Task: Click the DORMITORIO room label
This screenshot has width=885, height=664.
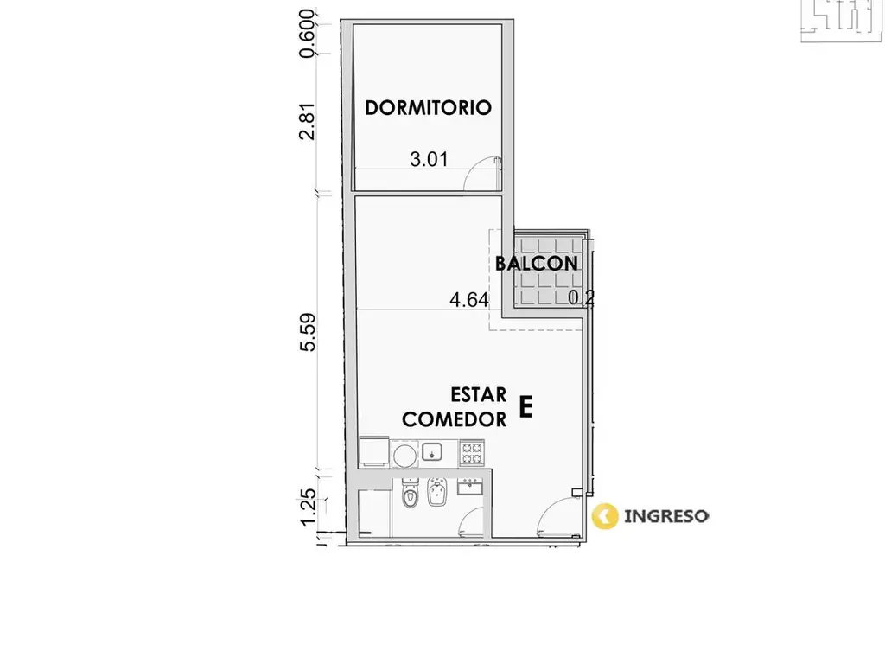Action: click(428, 107)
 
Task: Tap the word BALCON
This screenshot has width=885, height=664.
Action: click(536, 263)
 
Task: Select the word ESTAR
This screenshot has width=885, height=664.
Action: click(479, 394)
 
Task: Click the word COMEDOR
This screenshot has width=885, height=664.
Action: click(455, 419)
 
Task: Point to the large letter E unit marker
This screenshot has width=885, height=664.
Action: click(525, 406)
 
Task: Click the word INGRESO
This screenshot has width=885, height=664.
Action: click(666, 516)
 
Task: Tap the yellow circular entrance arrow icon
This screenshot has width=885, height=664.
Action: click(605, 516)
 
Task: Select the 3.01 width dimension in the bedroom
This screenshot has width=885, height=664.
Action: click(429, 159)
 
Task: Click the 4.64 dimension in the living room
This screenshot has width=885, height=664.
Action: click(469, 299)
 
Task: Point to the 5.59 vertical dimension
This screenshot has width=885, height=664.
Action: click(308, 332)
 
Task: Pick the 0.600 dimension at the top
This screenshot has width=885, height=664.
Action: click(308, 34)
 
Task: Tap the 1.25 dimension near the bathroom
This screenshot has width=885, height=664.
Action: click(308, 506)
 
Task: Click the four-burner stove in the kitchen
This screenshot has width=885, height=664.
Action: click(472, 452)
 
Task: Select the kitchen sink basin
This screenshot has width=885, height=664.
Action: click(432, 451)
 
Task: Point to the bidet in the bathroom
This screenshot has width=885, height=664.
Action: click(436, 492)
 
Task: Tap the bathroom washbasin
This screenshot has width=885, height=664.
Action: click(469, 486)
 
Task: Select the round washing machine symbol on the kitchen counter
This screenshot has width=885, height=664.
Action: click(404, 455)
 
